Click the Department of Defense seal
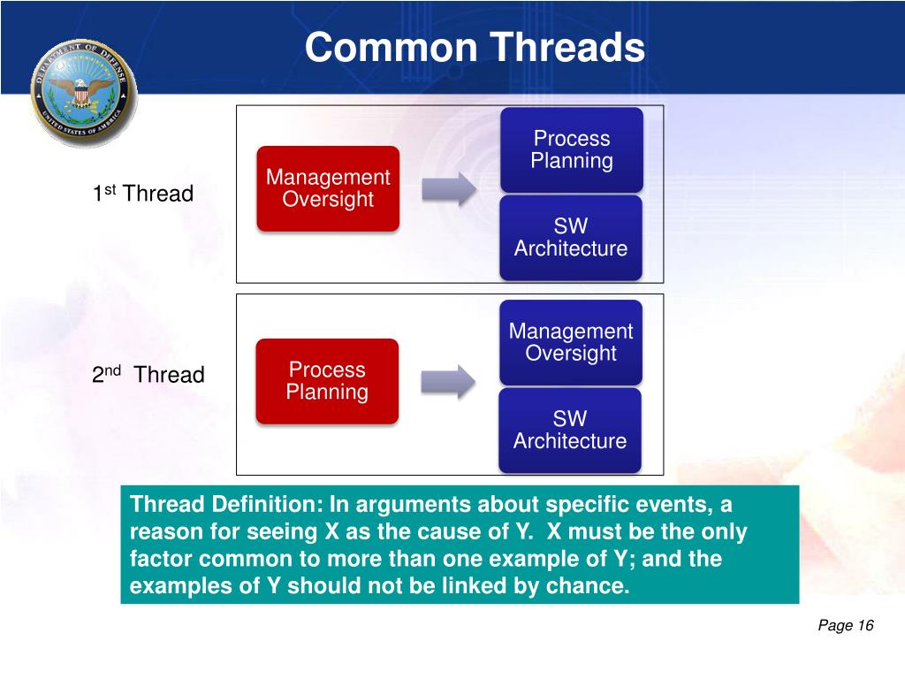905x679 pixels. click(84, 92)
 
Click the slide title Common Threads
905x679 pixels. click(475, 47)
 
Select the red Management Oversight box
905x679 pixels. click(328, 188)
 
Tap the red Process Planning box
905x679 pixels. click(327, 381)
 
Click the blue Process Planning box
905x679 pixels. click(571, 149)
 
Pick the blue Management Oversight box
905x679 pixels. click(571, 342)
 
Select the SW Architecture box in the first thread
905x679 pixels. click(571, 238)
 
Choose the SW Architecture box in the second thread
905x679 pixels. click(570, 430)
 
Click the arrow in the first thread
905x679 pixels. click(448, 189)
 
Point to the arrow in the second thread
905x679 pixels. click(448, 380)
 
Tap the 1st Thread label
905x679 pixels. click(143, 195)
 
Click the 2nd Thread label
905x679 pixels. click(148, 375)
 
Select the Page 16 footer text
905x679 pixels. click(845, 626)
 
